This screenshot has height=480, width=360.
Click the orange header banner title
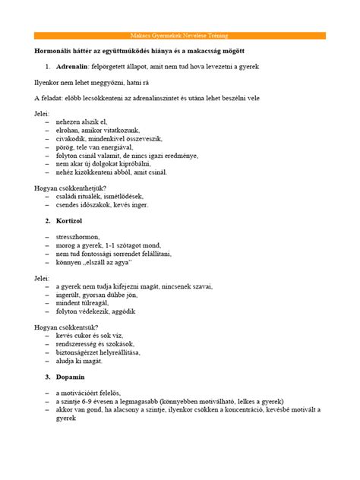[180, 36]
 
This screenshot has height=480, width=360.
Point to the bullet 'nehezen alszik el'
[81, 122]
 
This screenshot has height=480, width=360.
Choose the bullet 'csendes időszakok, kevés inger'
[102, 205]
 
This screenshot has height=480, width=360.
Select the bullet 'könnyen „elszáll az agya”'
[94, 263]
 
